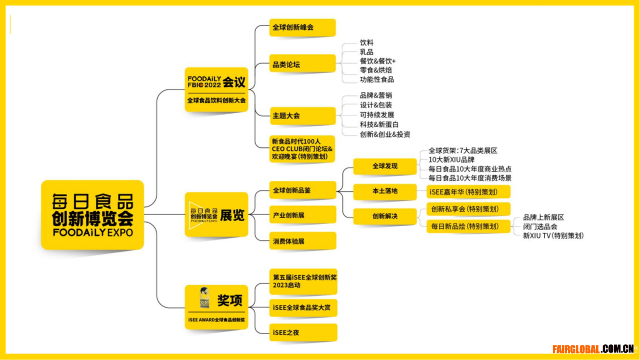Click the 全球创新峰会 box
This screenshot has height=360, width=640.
point(302,27)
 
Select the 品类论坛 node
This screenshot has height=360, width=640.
point(302,64)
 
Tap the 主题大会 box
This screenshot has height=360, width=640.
point(303,116)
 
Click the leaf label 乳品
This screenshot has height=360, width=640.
point(366,52)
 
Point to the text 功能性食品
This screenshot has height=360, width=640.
point(376,79)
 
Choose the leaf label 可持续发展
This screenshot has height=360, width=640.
point(377,115)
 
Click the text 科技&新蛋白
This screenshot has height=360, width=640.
point(379,125)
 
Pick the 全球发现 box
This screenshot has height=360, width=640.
point(385,166)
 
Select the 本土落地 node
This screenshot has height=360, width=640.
point(385,191)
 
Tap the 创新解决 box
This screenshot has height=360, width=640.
point(385,217)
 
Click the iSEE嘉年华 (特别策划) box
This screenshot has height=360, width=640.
point(468,191)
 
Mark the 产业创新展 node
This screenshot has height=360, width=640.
point(303,215)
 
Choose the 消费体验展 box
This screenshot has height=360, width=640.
point(303,241)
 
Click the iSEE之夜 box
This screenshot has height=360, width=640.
point(303,332)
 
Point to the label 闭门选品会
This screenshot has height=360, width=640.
point(540,227)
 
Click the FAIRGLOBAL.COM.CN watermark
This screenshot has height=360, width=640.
point(593,349)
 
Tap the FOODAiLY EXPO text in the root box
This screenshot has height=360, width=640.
point(93,233)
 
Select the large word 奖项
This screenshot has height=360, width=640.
point(230,300)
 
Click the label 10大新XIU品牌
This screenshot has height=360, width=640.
point(451,160)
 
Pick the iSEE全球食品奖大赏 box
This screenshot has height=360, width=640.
point(303,308)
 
